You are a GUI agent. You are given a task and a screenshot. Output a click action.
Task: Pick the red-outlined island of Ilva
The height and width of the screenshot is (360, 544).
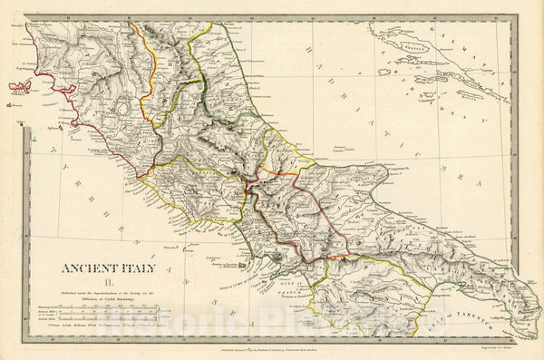pyautogui.click(x=20, y=88)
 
